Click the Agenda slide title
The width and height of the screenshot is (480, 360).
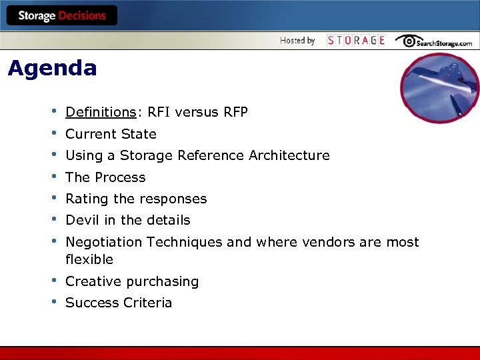click(52, 68)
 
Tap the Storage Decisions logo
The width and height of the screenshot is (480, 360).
click(61, 15)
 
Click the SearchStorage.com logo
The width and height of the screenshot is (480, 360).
click(433, 41)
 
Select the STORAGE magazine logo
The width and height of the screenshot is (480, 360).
click(356, 41)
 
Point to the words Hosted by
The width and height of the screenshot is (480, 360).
click(297, 41)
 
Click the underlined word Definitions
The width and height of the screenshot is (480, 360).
click(100, 112)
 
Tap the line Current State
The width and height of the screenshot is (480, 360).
click(111, 134)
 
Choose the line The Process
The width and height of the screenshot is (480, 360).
click(105, 177)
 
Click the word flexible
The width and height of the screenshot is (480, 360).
click(89, 259)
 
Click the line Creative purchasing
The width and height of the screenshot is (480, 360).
click(132, 281)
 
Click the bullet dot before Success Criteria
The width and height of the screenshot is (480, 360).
click(53, 301)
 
